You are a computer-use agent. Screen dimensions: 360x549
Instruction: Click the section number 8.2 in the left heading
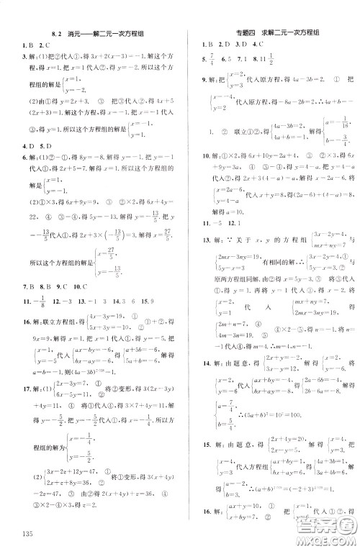point(58,33)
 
